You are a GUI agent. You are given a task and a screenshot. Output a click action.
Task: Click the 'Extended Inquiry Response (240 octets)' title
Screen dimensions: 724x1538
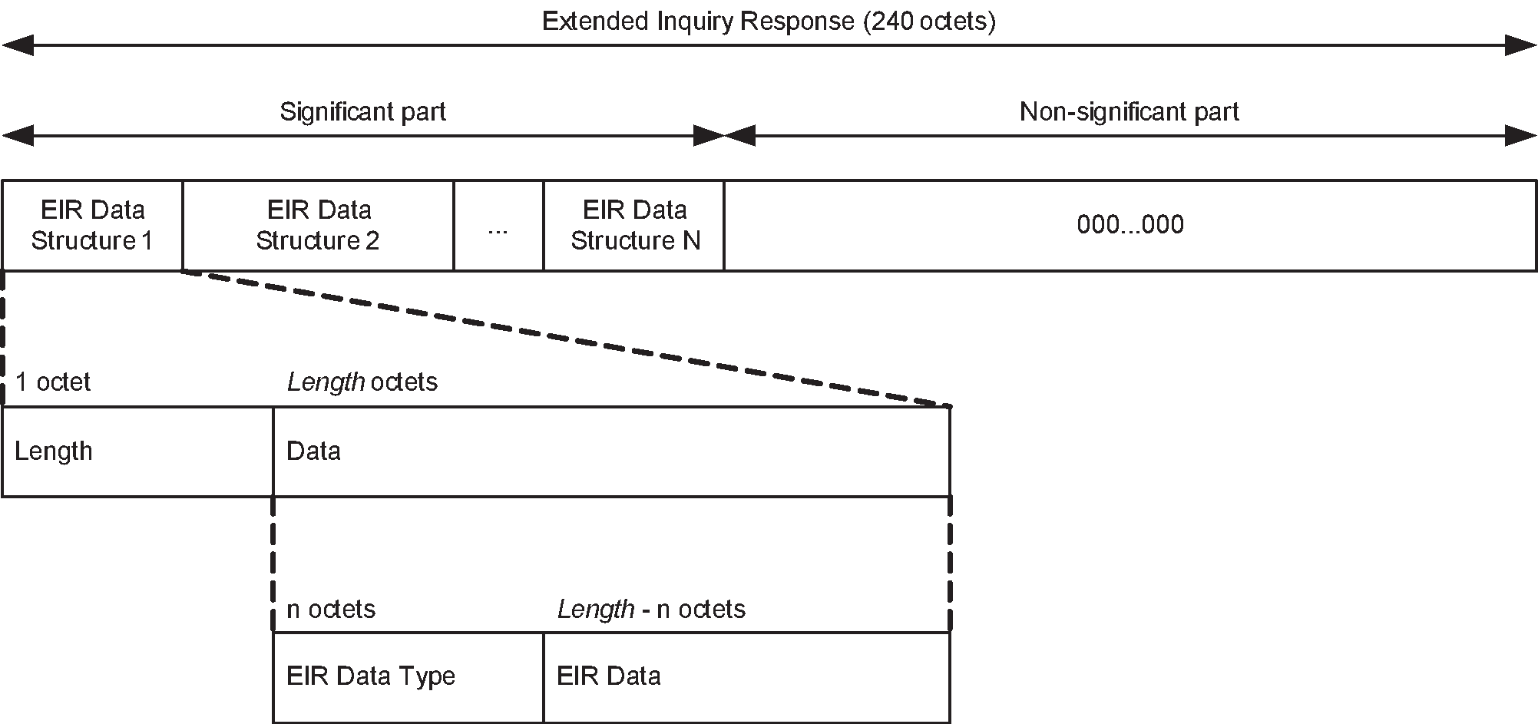click(769, 21)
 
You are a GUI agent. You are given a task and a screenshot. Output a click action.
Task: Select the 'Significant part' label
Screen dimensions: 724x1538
click(362, 112)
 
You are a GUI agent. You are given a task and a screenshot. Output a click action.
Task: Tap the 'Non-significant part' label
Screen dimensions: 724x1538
click(1129, 112)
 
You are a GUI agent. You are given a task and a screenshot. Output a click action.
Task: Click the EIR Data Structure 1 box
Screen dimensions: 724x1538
click(92, 226)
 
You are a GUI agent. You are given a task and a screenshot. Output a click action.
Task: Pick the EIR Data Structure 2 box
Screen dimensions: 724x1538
click(318, 226)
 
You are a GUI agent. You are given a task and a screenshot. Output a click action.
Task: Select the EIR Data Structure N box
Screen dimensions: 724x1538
click(634, 226)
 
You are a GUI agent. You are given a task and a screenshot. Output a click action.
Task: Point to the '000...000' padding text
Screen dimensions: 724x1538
click(1130, 225)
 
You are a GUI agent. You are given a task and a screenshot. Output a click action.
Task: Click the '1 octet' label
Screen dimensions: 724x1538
click(52, 382)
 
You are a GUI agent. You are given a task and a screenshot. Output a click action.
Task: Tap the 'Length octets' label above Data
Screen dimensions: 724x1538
click(362, 382)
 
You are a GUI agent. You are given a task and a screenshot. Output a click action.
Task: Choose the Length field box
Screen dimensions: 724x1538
click(137, 451)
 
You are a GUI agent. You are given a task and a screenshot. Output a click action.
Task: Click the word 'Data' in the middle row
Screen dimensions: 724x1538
click(313, 451)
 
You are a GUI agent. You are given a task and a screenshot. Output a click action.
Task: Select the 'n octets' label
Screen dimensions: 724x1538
click(330, 609)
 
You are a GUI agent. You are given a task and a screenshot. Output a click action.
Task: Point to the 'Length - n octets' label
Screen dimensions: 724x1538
click(651, 609)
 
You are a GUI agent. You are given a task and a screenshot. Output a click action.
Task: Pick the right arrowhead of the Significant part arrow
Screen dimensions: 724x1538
click(709, 136)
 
